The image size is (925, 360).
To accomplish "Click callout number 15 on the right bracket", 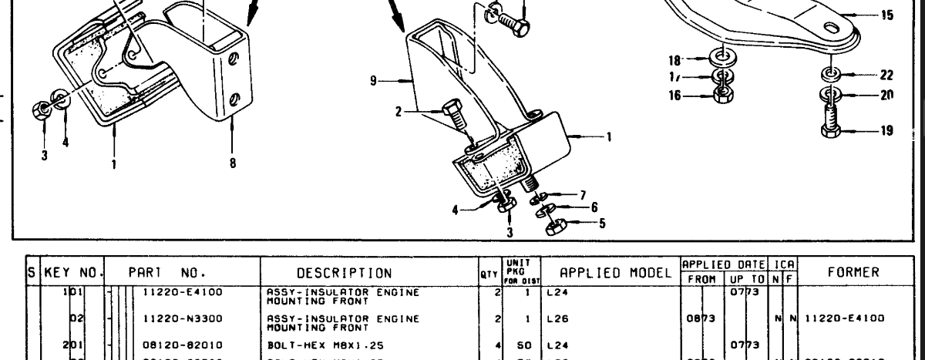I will [886, 14].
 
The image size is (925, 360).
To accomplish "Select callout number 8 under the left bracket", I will [232, 163].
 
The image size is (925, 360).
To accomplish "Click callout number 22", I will [886, 74].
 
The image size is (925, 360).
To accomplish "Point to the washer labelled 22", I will [830, 74].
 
